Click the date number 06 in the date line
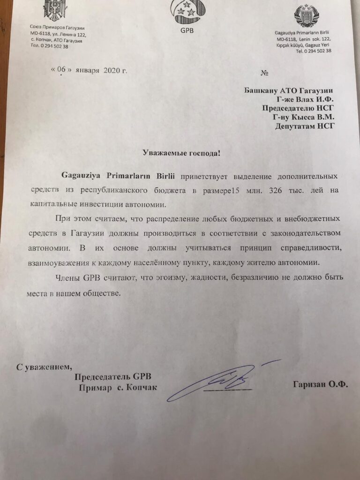click(61, 70)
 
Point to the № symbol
click(263, 73)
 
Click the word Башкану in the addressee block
click(261, 90)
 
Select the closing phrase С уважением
click(45, 366)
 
